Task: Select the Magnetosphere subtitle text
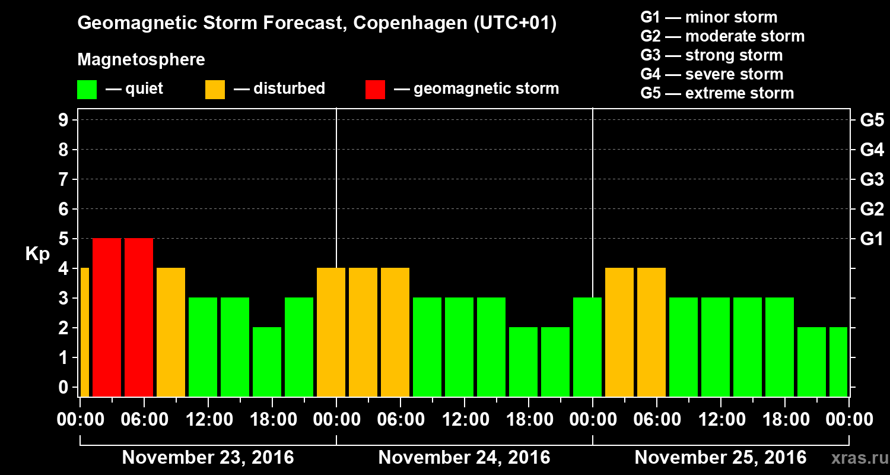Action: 141,60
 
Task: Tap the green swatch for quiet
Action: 87,89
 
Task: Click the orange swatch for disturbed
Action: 215,89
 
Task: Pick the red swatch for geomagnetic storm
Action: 375,89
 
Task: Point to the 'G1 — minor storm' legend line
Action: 709,17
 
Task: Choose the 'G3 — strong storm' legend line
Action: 711,55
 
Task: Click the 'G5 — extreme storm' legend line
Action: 717,93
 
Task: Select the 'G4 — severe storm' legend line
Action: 712,74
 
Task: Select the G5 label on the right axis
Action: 872,121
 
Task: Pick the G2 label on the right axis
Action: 872,210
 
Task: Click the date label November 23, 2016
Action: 208,458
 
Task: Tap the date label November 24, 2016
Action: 464,458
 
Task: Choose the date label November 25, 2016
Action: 720,458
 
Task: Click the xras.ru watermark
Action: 855,458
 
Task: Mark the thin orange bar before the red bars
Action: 84,332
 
